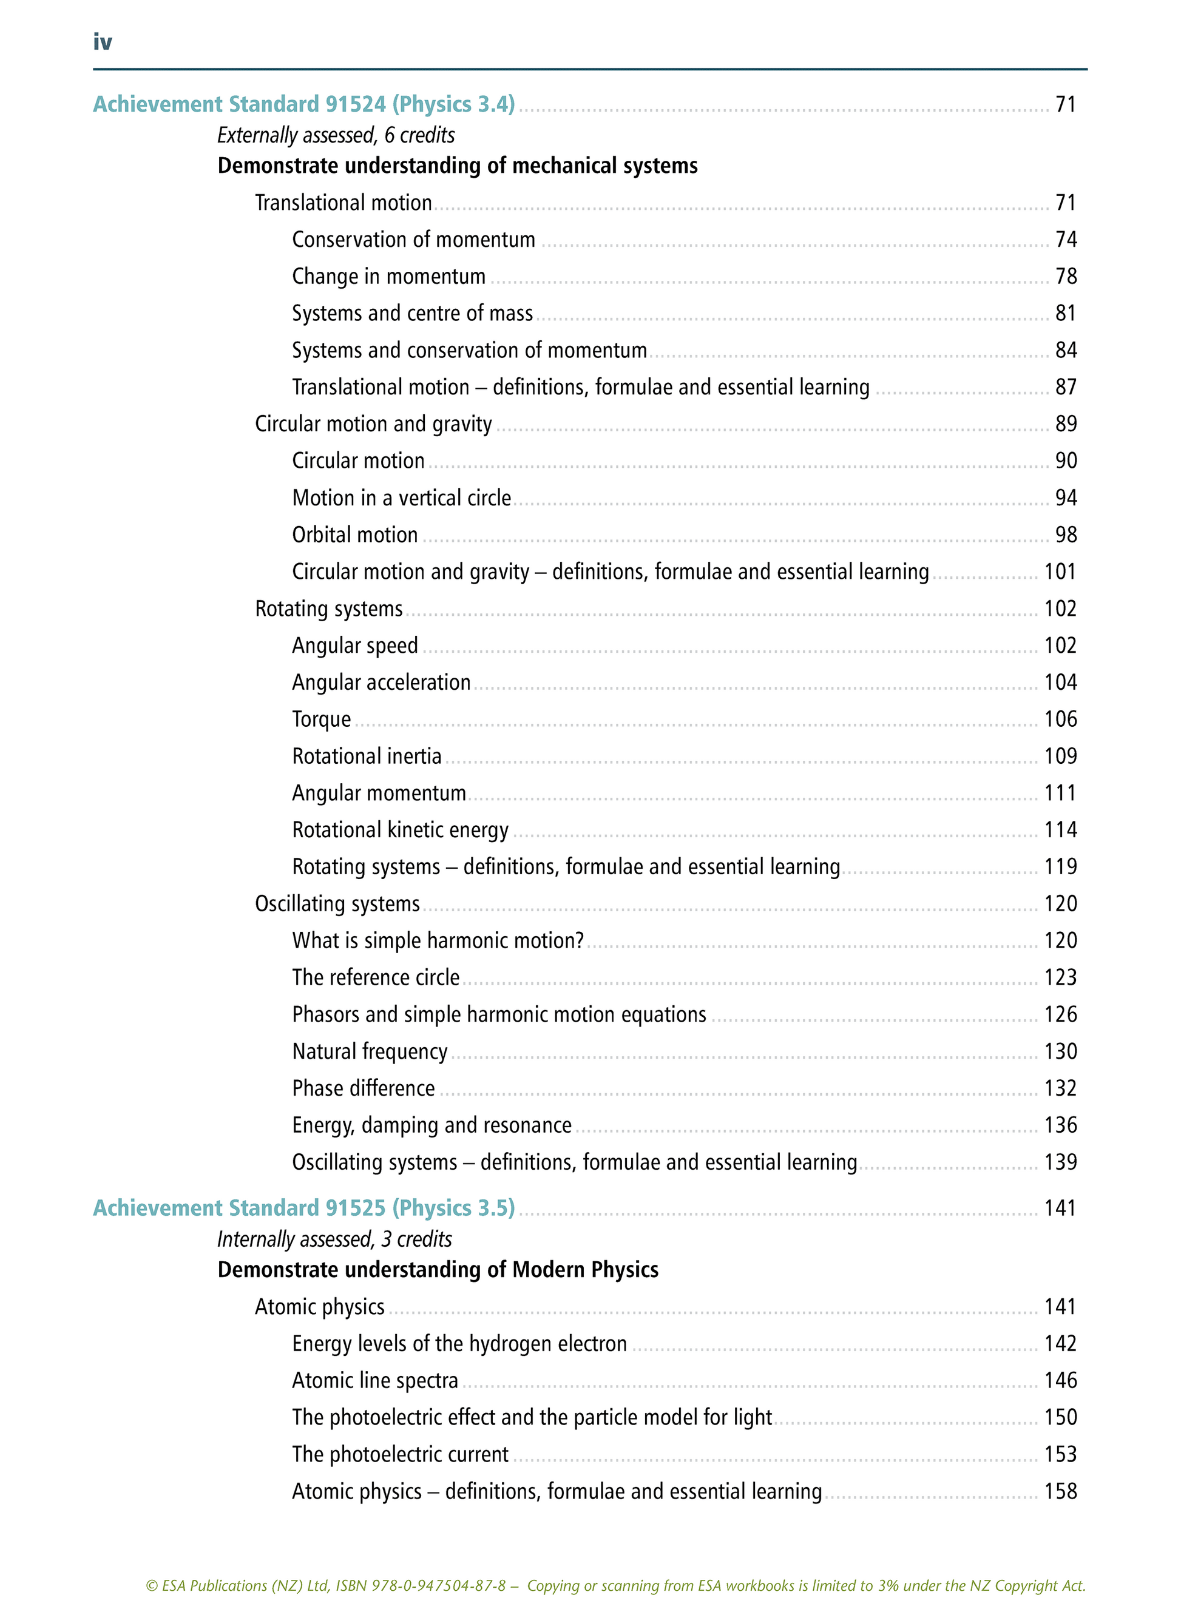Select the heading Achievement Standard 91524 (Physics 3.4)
[304, 104]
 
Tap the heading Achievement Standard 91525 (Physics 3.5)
[304, 1208]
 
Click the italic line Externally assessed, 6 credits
[336, 135]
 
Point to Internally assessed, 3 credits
[334, 1239]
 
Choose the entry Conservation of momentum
[413, 240]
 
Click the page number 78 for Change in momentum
[1065, 277]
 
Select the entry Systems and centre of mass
[413, 313]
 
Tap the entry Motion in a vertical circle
[402, 498]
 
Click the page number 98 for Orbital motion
[1065, 535]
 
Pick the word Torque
[322, 719]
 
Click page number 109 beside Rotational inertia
[1060, 756]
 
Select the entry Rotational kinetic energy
[401, 830]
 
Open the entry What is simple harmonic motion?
[438, 940]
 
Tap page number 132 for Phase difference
[1060, 1088]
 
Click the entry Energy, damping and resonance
[431, 1125]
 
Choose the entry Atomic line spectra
[375, 1381]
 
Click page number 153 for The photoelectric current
[1060, 1454]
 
